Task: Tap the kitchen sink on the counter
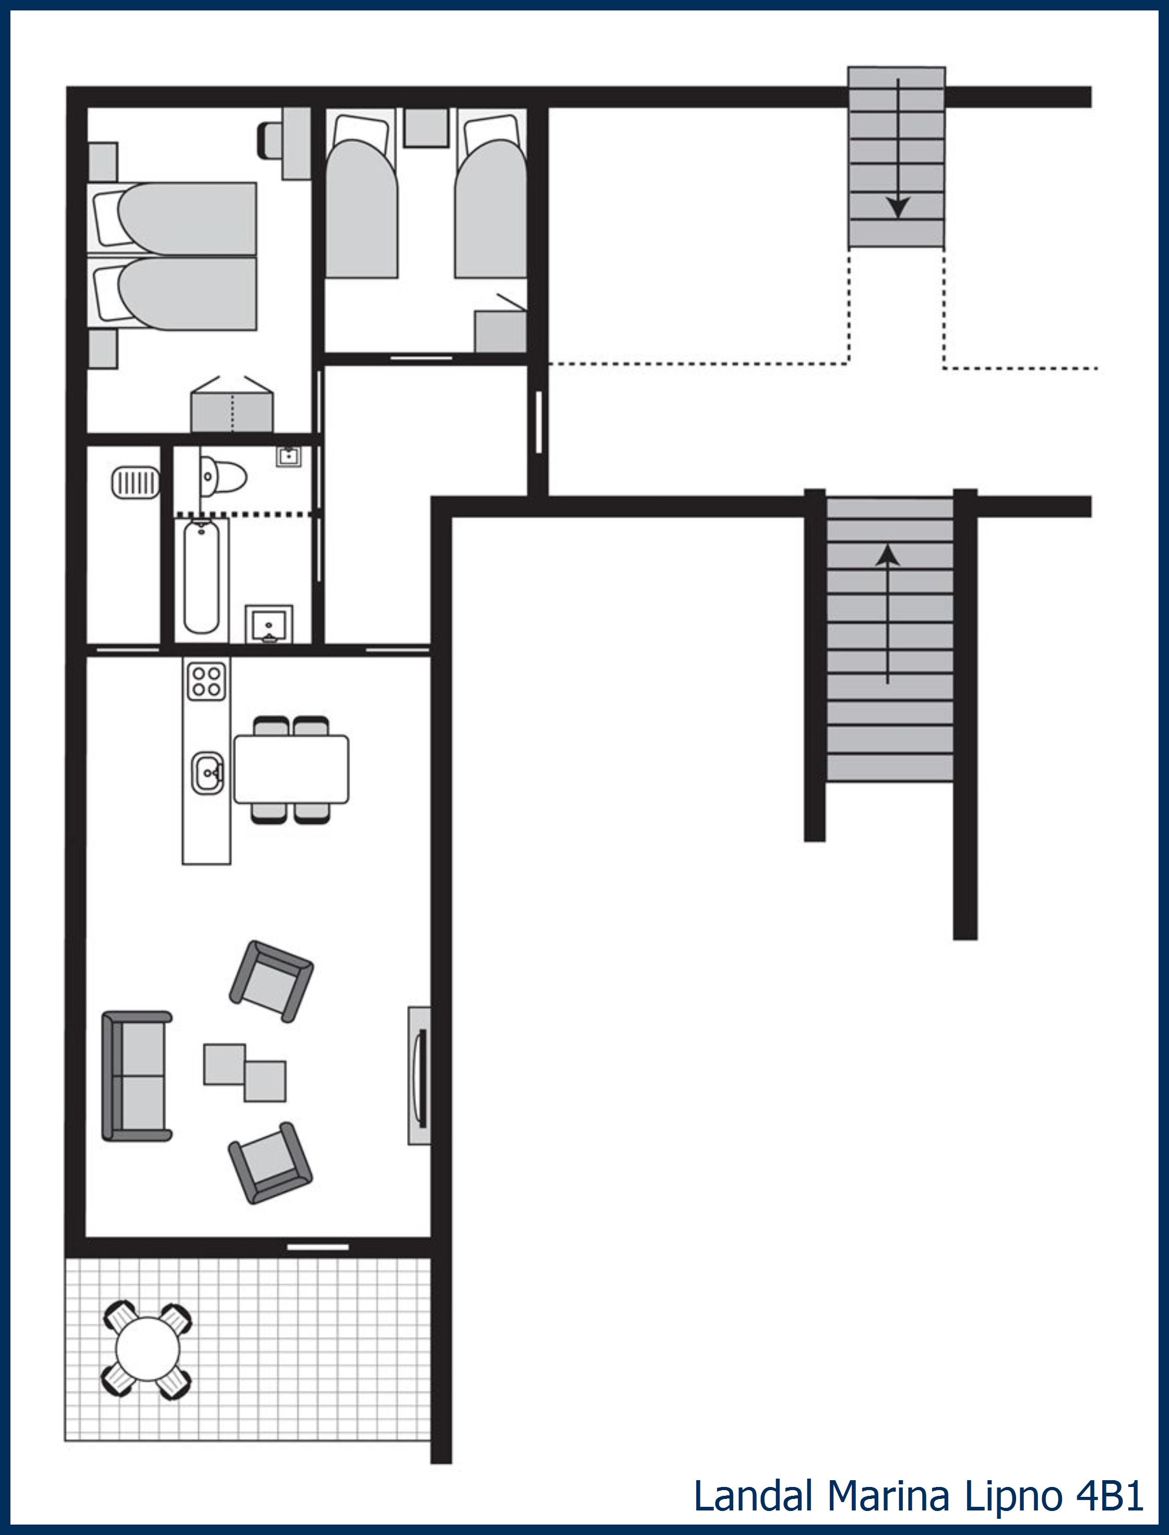(207, 772)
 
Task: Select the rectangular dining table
(291, 769)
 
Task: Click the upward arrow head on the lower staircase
(887, 555)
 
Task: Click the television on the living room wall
(419, 1076)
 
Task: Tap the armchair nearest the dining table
(271, 981)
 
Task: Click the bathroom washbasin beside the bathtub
(269, 624)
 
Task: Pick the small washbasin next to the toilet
(288, 457)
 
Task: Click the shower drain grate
(135, 482)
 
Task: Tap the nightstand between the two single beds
(426, 127)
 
